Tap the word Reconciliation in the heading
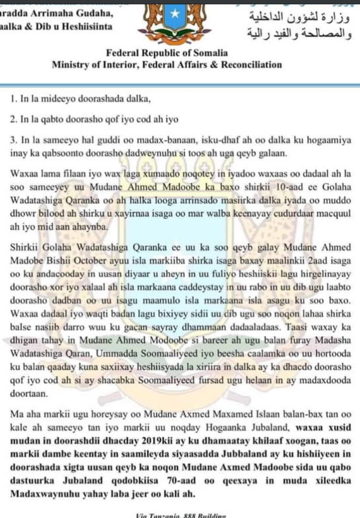[x=252, y=64]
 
